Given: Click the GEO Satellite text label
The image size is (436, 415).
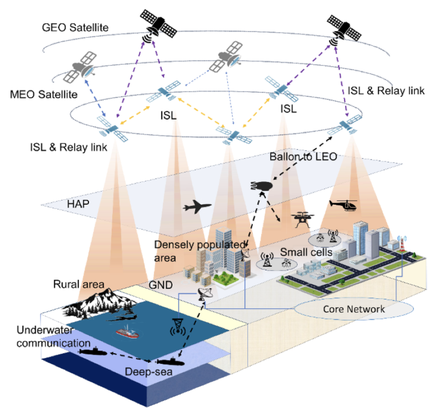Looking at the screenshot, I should click(x=75, y=27).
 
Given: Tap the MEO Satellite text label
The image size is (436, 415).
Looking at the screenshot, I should click(x=44, y=94).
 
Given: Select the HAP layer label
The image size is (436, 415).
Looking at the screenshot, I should click(x=78, y=204).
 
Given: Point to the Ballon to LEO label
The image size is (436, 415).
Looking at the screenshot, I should click(x=303, y=157).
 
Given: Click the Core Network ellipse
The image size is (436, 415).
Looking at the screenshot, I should click(x=354, y=309).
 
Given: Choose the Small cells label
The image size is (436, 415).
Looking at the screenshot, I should click(x=306, y=252).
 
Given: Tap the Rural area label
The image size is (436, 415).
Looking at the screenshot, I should click(x=78, y=284).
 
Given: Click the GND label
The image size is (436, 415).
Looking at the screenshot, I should click(x=160, y=285).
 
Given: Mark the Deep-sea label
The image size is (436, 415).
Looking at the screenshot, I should click(x=149, y=371).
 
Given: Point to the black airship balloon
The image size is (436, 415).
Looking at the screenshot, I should click(x=261, y=186).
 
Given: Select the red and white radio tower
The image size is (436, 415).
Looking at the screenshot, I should click(x=402, y=244).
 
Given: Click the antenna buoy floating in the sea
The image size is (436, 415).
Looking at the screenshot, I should click(x=177, y=326).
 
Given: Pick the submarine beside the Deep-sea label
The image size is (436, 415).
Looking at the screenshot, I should click(x=170, y=361).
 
